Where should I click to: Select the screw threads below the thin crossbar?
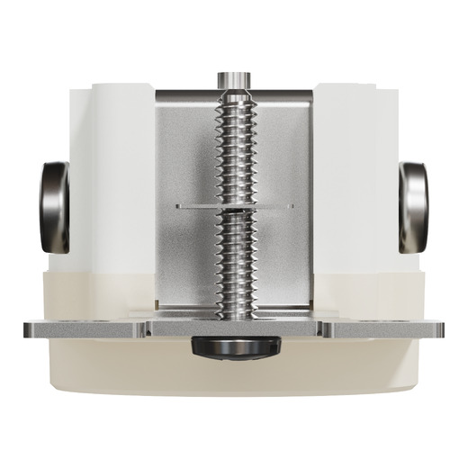point(233,261)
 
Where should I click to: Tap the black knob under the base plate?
point(234,347)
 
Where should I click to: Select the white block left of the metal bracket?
point(108,180)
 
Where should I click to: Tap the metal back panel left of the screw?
point(184,153)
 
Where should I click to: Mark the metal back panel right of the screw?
point(283,153)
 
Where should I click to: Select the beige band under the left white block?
point(90,292)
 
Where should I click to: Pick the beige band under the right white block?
point(378,292)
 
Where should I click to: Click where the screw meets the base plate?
point(233,313)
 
